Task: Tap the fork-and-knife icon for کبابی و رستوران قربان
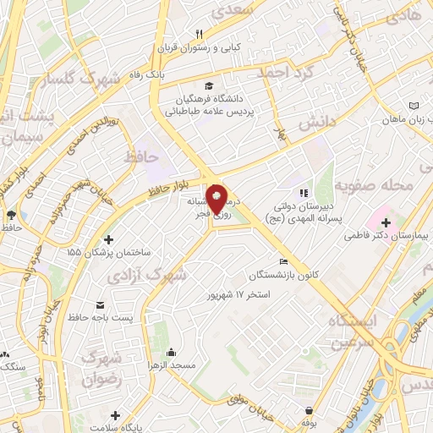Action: tap(200, 35)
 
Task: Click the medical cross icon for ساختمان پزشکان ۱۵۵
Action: tap(108, 239)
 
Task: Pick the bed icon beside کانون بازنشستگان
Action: tap(283, 261)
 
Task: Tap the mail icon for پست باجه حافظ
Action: tap(101, 304)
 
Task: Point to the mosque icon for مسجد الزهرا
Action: tap(173, 353)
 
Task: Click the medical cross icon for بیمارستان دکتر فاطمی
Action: tap(386, 222)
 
